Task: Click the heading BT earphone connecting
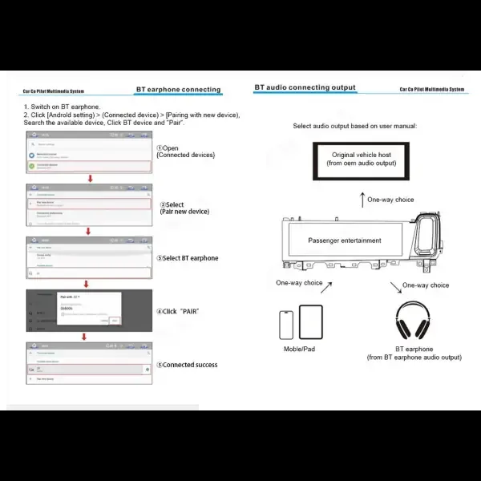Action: tap(178, 90)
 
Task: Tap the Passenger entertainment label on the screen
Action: tap(345, 240)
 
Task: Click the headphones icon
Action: tap(414, 321)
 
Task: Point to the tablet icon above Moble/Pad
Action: tap(311, 322)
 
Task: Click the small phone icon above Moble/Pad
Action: tap(286, 325)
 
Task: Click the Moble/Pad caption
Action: tap(300, 350)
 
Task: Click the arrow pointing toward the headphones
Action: tap(394, 287)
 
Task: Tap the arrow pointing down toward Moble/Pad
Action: tap(300, 288)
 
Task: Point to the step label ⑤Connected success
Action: tap(187, 365)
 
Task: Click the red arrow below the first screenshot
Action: tap(90, 179)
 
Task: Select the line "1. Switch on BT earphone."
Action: tap(62, 107)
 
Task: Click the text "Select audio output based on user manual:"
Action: tap(354, 126)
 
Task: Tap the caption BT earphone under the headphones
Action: tap(414, 350)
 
